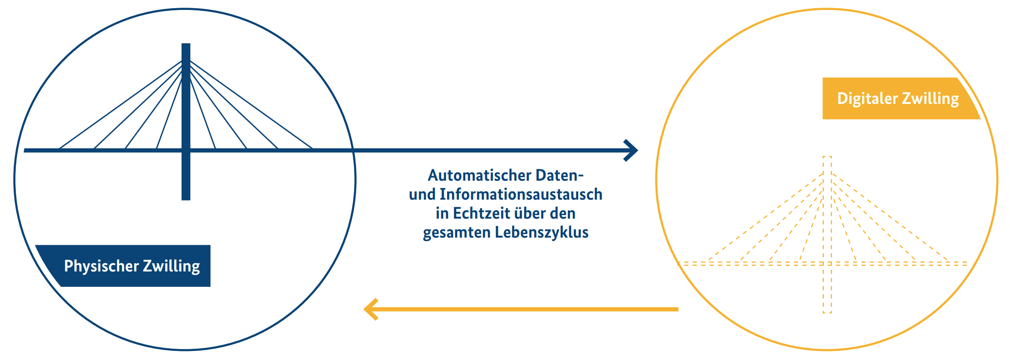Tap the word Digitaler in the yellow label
point(867,98)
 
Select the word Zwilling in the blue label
point(172,266)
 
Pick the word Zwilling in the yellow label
point(930,98)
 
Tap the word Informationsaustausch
point(521,194)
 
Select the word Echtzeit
point(482,213)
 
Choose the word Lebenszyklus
point(542,232)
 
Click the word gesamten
point(457,233)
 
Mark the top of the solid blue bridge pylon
point(186,44)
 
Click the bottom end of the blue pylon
point(186,199)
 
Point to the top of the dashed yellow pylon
point(827,157)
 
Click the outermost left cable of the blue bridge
point(120,105)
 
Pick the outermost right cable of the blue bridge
point(251,105)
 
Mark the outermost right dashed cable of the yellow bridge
point(890,217)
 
